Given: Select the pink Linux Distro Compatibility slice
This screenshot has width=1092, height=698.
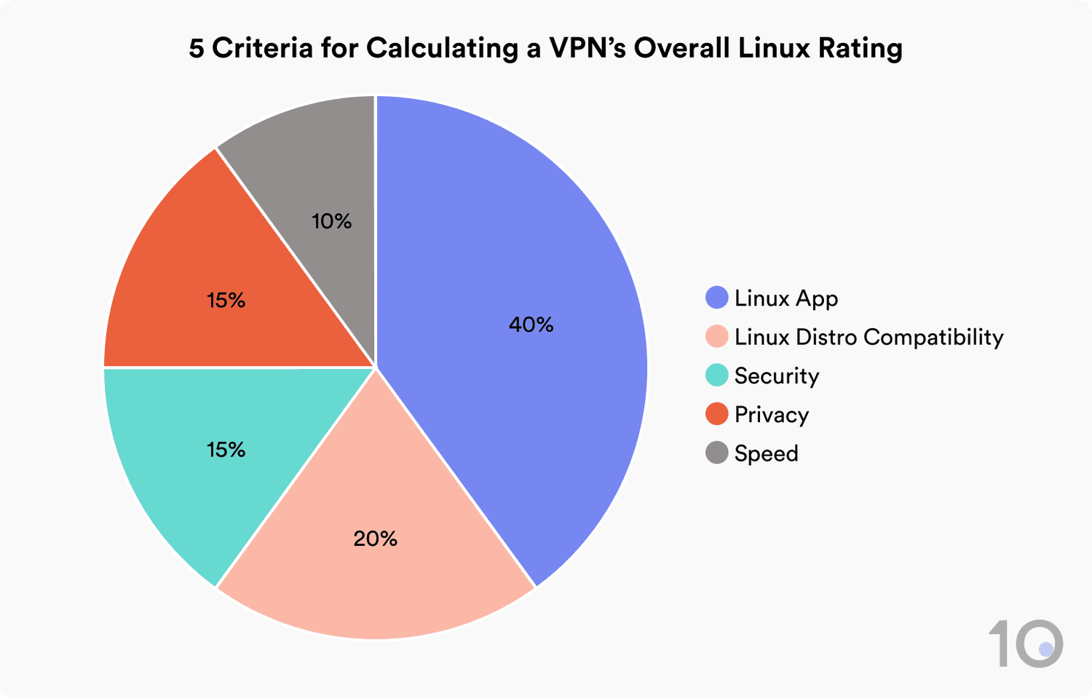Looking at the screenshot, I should (x=375, y=575).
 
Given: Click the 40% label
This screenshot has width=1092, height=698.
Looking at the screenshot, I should (x=531, y=325).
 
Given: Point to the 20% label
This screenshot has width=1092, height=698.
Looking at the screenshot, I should (x=375, y=539).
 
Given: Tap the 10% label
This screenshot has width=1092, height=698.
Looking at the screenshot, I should (x=331, y=221).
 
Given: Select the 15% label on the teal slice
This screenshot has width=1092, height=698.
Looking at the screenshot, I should (x=226, y=450).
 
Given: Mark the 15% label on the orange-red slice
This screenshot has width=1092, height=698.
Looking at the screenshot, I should (x=226, y=300).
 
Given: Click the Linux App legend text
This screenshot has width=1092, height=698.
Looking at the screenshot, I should (x=786, y=298).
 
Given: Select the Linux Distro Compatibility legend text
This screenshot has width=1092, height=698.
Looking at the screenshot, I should (x=869, y=337).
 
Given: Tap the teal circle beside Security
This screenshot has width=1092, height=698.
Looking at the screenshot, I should (x=717, y=376).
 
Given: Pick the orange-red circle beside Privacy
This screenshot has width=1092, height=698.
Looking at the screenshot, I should (x=717, y=414).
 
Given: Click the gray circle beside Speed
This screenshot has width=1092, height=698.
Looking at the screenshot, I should (x=717, y=453).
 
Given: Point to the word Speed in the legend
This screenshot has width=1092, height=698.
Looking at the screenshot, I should (x=766, y=453).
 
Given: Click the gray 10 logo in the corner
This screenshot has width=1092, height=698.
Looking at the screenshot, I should (x=1025, y=643).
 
